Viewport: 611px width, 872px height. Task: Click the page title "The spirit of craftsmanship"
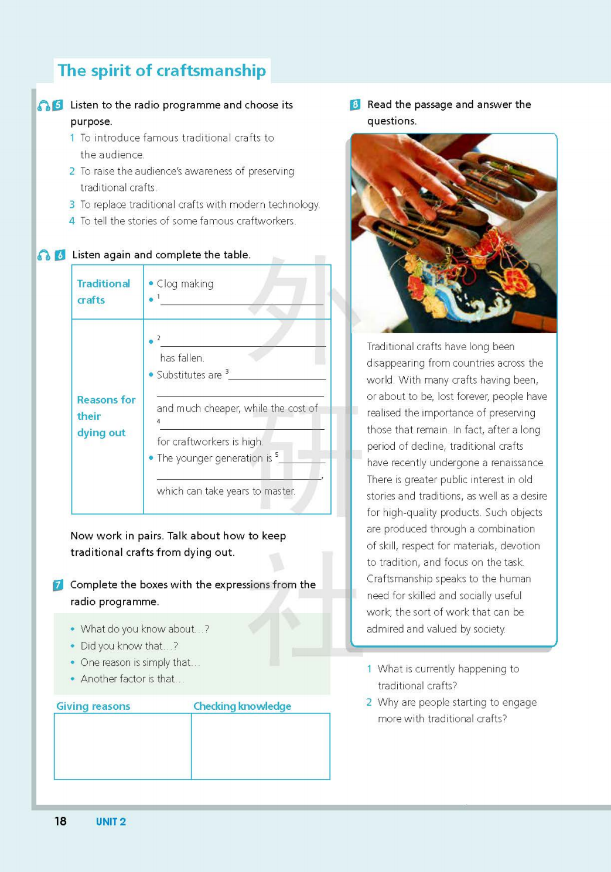(162, 71)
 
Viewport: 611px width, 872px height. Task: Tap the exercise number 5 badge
(57, 105)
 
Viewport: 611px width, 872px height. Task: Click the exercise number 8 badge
(355, 105)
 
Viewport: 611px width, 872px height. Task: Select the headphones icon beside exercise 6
(44, 255)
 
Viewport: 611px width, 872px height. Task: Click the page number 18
(60, 821)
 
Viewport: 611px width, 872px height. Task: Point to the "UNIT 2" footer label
(111, 822)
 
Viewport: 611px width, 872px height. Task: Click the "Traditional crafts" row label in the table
(103, 292)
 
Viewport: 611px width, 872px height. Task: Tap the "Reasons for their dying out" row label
(105, 416)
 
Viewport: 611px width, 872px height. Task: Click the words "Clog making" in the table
(185, 284)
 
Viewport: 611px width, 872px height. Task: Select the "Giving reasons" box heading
(93, 706)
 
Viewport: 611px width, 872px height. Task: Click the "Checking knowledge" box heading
(242, 706)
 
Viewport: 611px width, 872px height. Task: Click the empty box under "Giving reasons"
(122, 746)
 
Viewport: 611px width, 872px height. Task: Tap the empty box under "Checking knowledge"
(260, 746)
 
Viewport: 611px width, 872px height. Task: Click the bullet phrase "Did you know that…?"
(129, 646)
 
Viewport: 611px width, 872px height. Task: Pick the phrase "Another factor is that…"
(132, 679)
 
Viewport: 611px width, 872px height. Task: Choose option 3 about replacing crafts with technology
(199, 205)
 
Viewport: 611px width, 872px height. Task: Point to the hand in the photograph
(410, 176)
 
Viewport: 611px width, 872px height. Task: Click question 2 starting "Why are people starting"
(456, 710)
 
